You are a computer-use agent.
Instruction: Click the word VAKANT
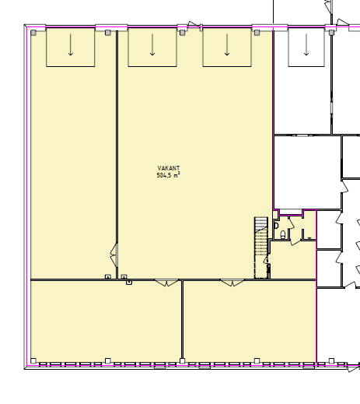[x=169, y=168]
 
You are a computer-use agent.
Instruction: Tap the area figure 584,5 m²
[x=168, y=175]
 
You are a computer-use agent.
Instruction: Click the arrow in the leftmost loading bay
[x=70, y=44]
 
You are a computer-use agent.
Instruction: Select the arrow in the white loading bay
[x=306, y=44]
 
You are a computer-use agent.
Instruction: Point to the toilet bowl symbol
[x=283, y=234]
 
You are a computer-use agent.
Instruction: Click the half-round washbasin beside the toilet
[x=276, y=226]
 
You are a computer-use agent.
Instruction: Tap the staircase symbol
[x=260, y=248]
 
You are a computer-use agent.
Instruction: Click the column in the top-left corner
[x=33, y=33]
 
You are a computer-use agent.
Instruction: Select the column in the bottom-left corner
[x=33, y=361]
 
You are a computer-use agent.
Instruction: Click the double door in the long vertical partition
[x=114, y=255]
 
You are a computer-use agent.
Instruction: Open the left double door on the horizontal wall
[x=166, y=283]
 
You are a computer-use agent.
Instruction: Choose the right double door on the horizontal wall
[x=232, y=283]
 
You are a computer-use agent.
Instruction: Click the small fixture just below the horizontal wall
[x=129, y=283]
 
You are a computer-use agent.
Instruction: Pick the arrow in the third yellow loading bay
[x=227, y=44]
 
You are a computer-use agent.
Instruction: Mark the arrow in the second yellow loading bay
[x=152, y=44]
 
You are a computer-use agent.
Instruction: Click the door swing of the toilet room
[x=291, y=223]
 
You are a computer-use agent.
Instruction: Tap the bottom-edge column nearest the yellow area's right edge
[x=257, y=361]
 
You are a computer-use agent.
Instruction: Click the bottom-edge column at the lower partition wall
[x=182, y=361]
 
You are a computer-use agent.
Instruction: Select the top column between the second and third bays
[x=182, y=33]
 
